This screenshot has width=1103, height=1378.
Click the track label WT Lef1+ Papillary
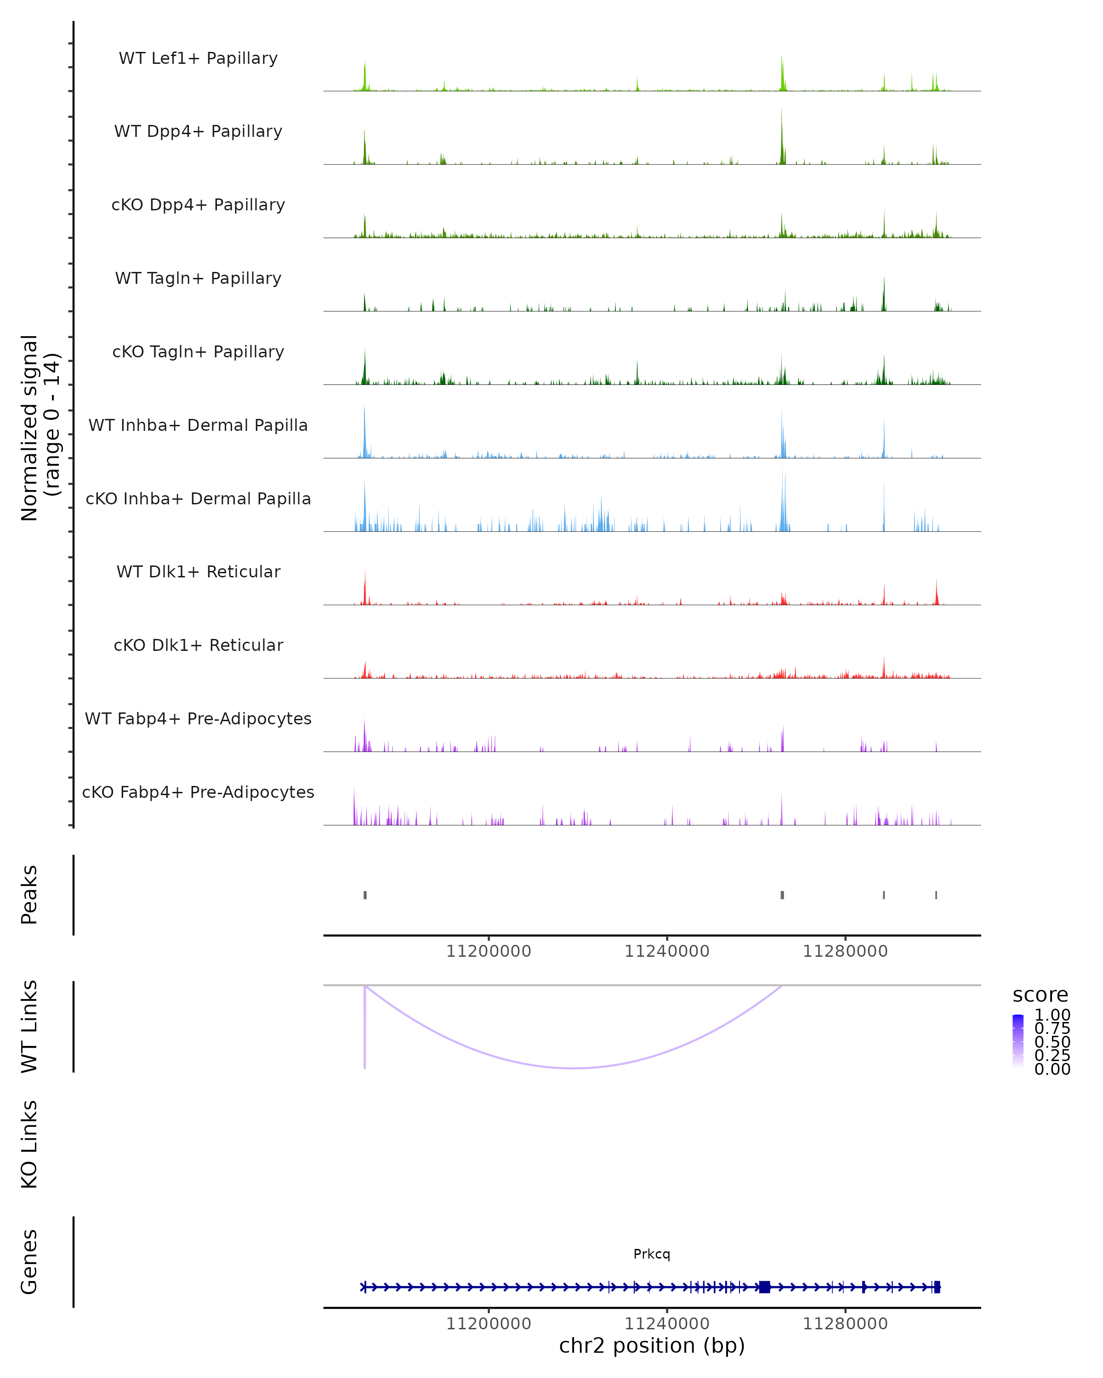point(198,58)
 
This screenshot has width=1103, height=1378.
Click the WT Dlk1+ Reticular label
point(198,571)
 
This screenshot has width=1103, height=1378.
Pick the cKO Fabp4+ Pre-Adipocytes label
point(198,792)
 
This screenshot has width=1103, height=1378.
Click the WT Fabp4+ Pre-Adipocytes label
point(198,718)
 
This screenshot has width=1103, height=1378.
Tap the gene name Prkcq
point(652,1254)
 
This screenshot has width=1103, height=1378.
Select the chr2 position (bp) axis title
point(652,1345)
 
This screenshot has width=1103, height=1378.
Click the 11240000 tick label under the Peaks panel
point(667,951)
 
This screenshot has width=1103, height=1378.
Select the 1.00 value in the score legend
point(1052,1015)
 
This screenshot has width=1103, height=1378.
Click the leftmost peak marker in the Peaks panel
point(365,895)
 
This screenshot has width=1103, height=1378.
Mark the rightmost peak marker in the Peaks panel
point(936,895)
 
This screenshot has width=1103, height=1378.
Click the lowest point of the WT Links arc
point(575,1068)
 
